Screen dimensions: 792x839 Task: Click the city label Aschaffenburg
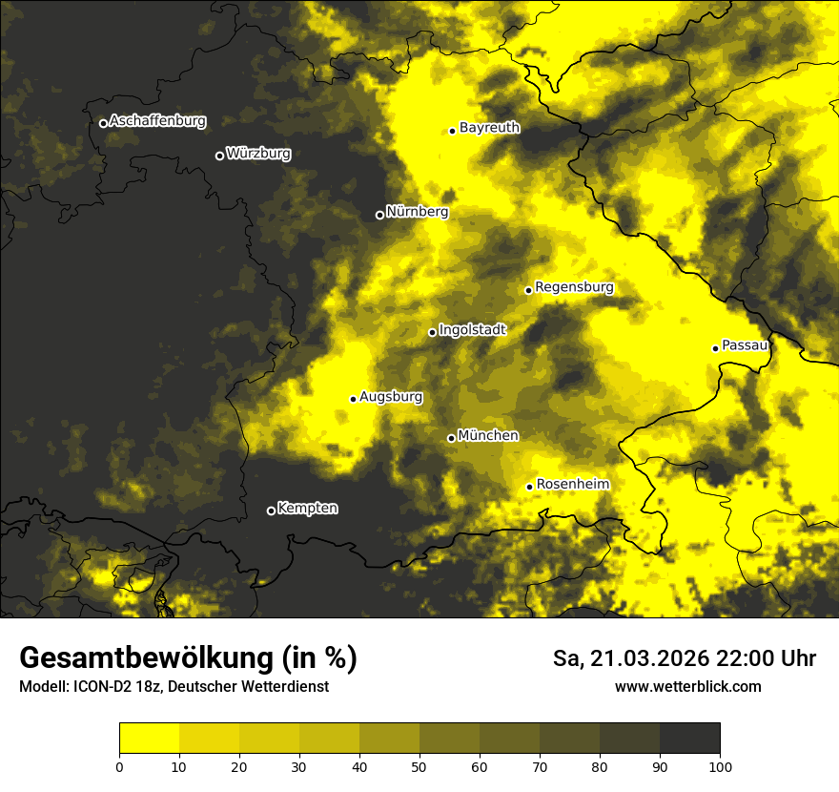(157, 121)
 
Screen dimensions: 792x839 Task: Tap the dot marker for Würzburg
(219, 156)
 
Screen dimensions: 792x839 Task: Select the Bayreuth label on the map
(489, 127)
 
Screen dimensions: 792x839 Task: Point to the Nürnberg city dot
(379, 215)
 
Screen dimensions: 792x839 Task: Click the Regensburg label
(574, 287)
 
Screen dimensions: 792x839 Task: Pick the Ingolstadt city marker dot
(432, 332)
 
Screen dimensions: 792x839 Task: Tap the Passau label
(745, 345)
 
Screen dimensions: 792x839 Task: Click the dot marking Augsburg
(353, 399)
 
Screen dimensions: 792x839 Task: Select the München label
(488, 436)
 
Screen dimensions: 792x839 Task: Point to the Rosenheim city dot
(529, 487)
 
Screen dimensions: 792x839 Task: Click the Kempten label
(307, 509)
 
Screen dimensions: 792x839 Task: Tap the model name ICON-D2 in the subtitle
(100, 687)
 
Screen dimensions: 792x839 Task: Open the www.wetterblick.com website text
(687, 687)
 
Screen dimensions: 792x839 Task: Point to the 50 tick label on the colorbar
(419, 766)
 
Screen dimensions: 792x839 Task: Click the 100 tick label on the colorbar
(720, 766)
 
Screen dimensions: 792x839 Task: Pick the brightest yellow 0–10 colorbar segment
(150, 739)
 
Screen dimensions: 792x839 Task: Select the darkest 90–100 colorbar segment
(689, 739)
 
